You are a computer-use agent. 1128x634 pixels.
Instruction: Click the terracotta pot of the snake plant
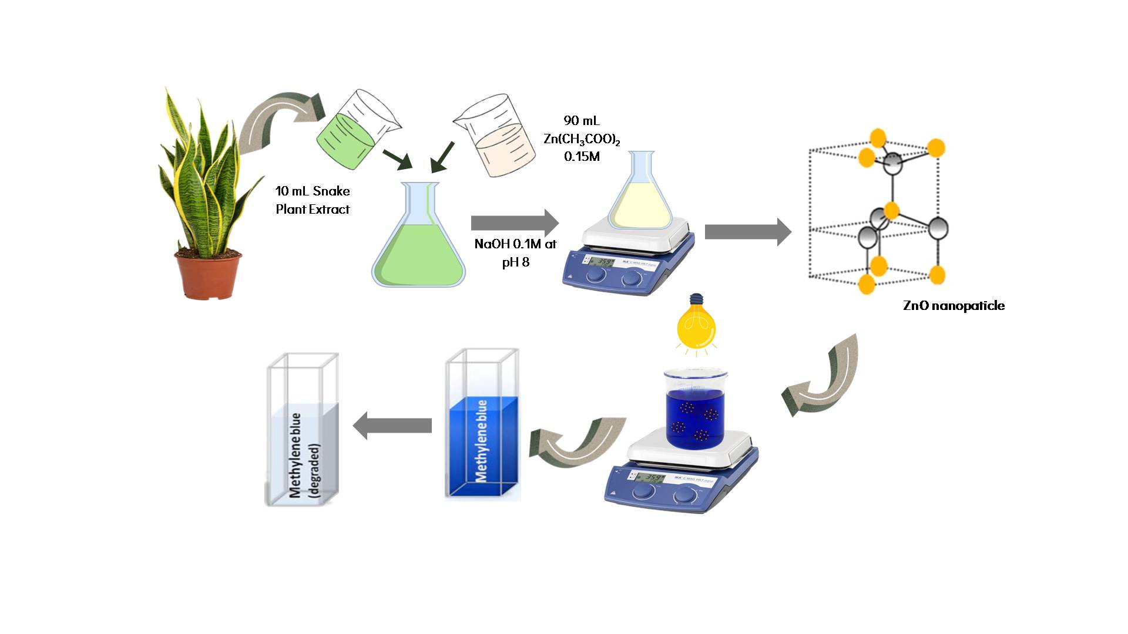[208, 275]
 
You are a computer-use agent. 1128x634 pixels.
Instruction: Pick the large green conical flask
[418, 247]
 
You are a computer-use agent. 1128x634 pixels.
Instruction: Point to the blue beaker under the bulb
[696, 411]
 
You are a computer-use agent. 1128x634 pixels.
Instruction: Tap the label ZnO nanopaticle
[954, 306]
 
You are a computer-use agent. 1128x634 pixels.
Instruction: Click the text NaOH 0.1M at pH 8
[515, 253]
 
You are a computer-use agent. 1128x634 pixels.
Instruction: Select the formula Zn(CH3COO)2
[582, 140]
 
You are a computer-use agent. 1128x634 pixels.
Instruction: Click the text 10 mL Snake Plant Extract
[313, 200]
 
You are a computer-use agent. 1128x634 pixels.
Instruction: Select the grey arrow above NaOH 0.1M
[515, 223]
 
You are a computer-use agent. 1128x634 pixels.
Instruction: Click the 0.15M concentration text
[582, 157]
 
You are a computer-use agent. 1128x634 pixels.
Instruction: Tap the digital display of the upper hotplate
[602, 263]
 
